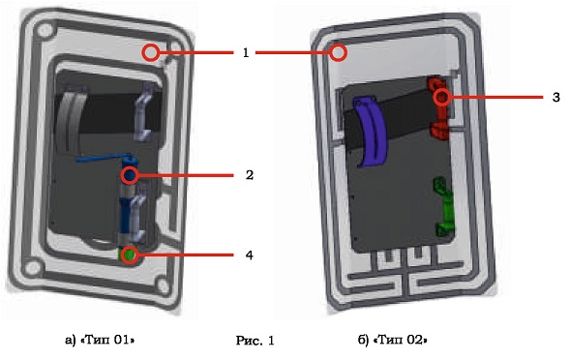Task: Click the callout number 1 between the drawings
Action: (x=246, y=53)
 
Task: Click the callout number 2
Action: (x=250, y=175)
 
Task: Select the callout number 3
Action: (x=555, y=97)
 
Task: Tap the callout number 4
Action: (x=250, y=255)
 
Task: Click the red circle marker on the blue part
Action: (x=130, y=175)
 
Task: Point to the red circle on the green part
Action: (x=130, y=255)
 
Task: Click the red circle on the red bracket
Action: (x=442, y=97)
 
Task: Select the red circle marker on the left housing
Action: (x=150, y=52)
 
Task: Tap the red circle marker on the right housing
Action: (x=339, y=52)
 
